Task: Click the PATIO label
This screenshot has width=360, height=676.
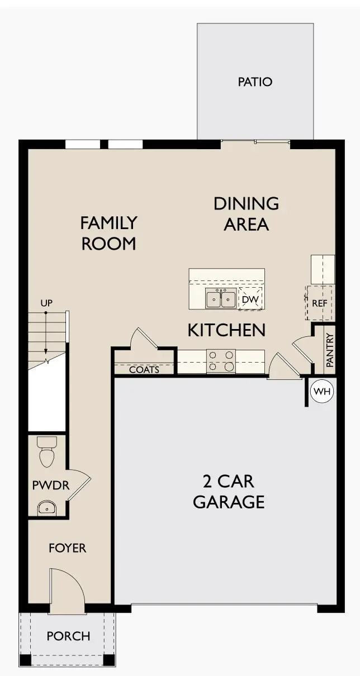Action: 255,82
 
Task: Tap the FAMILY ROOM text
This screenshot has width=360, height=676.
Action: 108,233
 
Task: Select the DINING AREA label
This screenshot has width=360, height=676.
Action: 246,213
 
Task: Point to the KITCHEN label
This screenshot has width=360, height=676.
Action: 226,330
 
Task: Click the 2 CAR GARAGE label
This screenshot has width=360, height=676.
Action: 229,491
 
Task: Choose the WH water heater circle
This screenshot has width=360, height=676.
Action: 321,392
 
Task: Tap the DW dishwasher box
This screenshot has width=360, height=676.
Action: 250,300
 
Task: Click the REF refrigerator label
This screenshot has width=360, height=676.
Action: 319,303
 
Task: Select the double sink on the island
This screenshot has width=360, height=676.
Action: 220,300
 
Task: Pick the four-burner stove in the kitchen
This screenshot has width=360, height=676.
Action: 221,361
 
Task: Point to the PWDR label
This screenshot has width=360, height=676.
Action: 50,485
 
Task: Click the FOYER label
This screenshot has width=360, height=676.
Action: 67,548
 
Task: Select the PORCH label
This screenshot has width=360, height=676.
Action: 68,636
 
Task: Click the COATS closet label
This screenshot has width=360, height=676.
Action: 144,369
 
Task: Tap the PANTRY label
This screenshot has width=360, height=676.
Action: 330,350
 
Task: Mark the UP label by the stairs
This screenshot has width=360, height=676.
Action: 46,303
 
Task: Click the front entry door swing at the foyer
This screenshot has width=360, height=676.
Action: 67,589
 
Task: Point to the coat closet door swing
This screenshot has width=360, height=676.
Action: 143,339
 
